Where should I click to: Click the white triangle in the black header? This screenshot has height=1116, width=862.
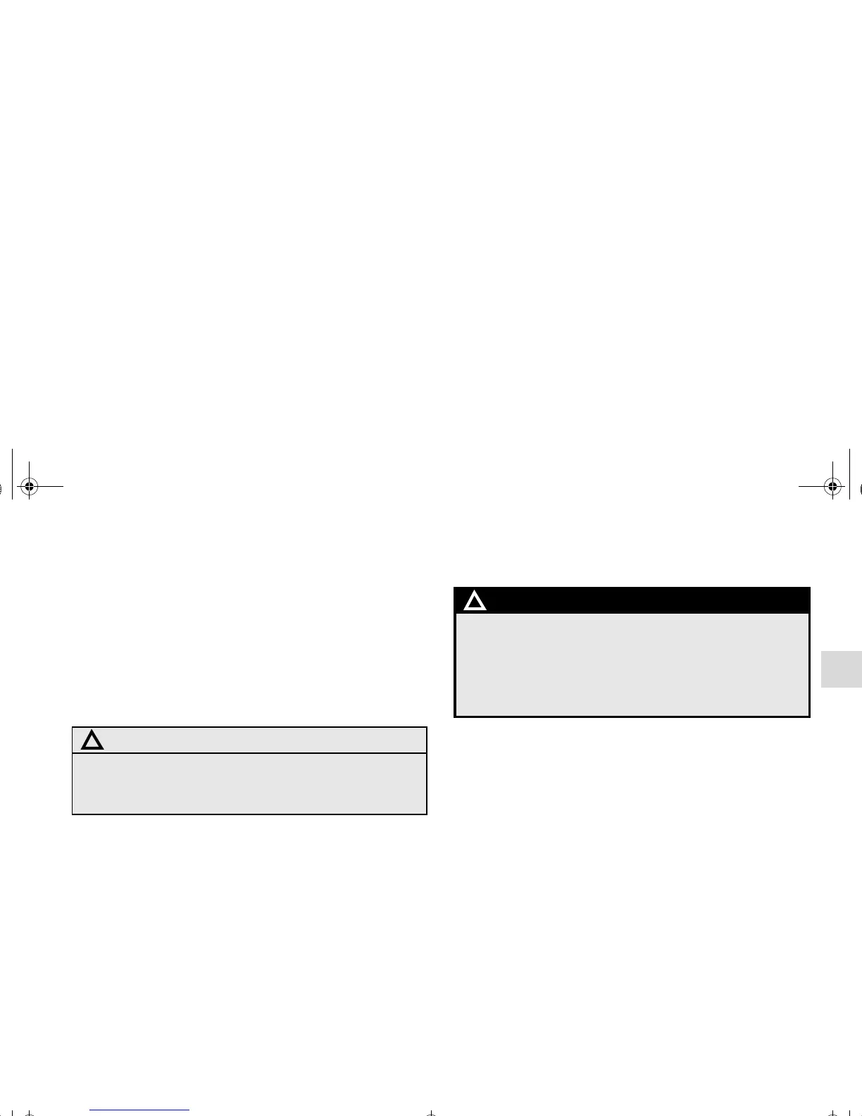click(475, 602)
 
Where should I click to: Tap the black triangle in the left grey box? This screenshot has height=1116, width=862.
click(92, 741)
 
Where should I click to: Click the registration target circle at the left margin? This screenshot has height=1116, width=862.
click(28, 486)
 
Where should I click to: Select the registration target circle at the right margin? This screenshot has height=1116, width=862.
click(833, 486)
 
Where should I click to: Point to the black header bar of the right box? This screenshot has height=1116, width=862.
click(634, 600)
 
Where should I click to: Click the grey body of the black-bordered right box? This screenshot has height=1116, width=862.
click(632, 664)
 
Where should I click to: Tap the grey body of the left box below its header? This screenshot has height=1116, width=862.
click(249, 783)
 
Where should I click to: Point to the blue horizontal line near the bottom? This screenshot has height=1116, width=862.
click(140, 1110)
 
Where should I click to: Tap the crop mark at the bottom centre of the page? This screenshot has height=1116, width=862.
click(431, 1112)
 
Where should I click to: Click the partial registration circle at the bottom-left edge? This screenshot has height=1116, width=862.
click(28, 1114)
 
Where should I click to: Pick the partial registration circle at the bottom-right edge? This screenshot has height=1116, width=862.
click(833, 1114)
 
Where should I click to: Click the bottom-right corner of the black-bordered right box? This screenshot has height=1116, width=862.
click(809, 717)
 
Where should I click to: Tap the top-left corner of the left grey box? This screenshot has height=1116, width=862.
click(73, 728)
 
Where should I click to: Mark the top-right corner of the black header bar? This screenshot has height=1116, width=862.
click(809, 588)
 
